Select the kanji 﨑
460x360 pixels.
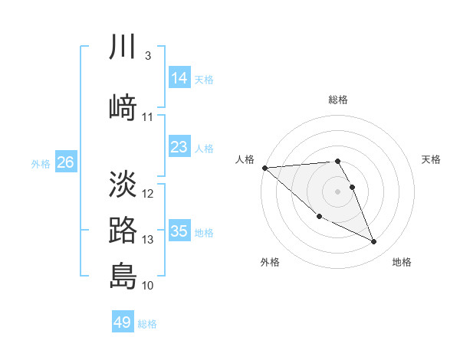(123, 107)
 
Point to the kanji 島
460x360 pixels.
(123, 276)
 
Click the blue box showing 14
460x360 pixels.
(179, 78)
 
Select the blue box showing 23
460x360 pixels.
(179, 147)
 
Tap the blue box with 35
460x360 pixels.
(179, 231)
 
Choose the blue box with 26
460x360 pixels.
(65, 162)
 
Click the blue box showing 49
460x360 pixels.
(123, 322)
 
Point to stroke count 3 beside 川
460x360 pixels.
(147, 56)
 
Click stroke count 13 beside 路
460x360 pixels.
(147, 240)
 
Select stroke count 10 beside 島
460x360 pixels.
(147, 286)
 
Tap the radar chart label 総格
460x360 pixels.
(338, 100)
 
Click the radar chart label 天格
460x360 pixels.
(431, 159)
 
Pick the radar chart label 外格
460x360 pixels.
(270, 262)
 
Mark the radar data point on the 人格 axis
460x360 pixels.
(264, 168)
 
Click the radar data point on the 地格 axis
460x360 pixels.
(374, 242)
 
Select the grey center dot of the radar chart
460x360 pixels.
(338, 191)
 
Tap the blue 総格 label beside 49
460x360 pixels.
(147, 324)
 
